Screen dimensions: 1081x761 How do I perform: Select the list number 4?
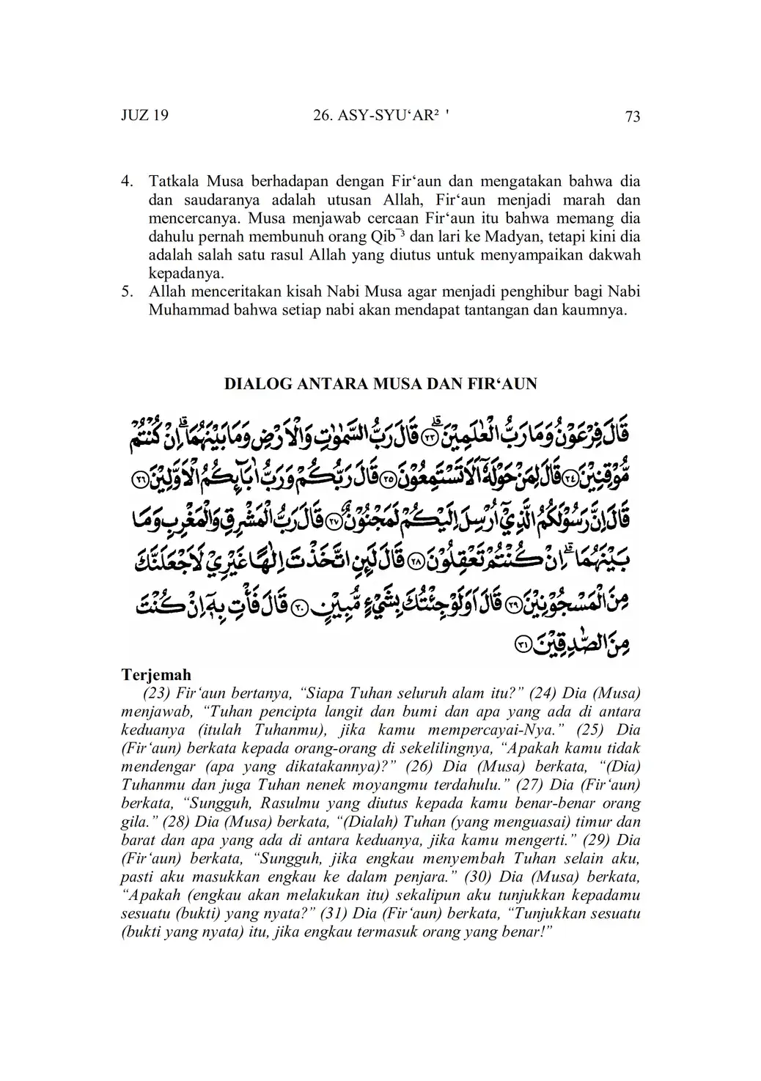tap(126, 181)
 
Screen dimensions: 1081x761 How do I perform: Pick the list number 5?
tap(126, 292)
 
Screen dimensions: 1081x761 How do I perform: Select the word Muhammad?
tap(183, 310)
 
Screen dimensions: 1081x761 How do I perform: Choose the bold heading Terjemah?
tap(156, 674)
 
